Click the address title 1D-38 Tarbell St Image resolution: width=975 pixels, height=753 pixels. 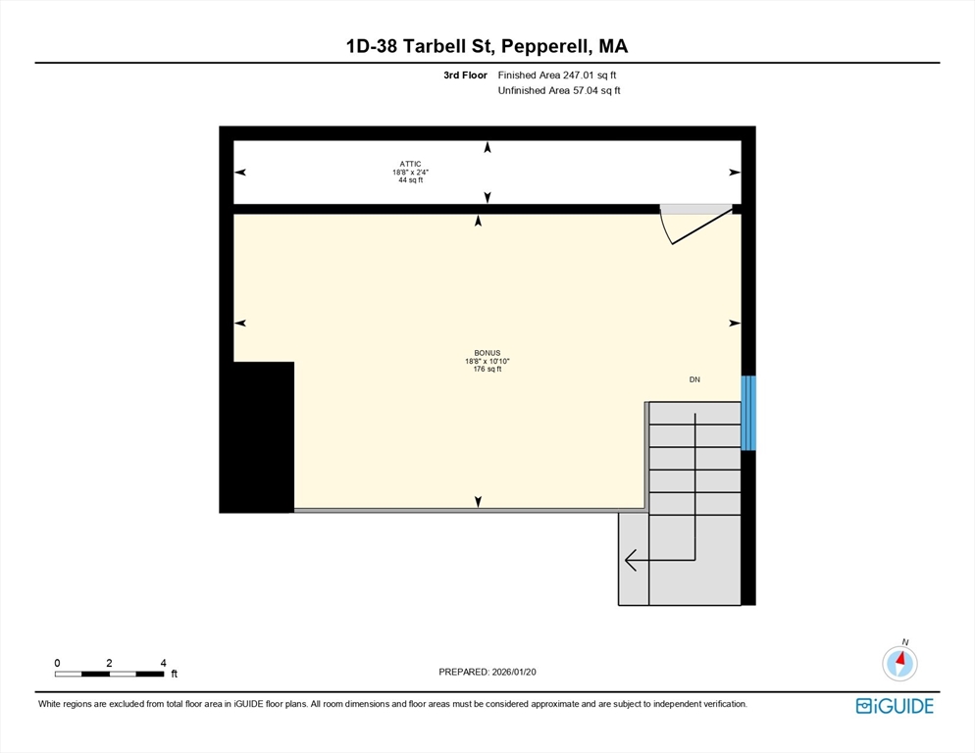tap(420, 46)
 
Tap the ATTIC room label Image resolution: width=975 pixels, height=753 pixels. tap(410, 164)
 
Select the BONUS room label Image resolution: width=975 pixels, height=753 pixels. tap(487, 353)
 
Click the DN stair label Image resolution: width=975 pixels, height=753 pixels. tap(694, 379)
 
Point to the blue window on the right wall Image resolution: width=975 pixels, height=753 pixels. tap(748, 413)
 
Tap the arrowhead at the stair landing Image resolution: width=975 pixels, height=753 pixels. tap(631, 560)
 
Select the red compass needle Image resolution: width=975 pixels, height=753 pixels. tap(901, 658)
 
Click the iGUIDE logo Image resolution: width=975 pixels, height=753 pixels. tap(895, 706)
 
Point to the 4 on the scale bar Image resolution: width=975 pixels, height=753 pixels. tap(164, 663)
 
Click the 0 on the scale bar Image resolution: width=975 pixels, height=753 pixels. tap(57, 663)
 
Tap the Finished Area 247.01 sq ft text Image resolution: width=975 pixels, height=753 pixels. tap(557, 75)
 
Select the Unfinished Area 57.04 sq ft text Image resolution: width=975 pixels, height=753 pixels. tap(559, 91)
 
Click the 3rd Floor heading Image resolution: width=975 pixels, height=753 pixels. tap(465, 75)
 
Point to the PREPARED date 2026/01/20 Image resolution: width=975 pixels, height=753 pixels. tap(514, 673)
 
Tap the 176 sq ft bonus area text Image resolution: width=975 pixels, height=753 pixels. tap(487, 370)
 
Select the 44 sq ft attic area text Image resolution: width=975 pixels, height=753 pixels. tap(410, 180)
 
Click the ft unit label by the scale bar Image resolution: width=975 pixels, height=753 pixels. tap(175, 674)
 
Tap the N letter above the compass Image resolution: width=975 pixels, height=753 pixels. tap(905, 642)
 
